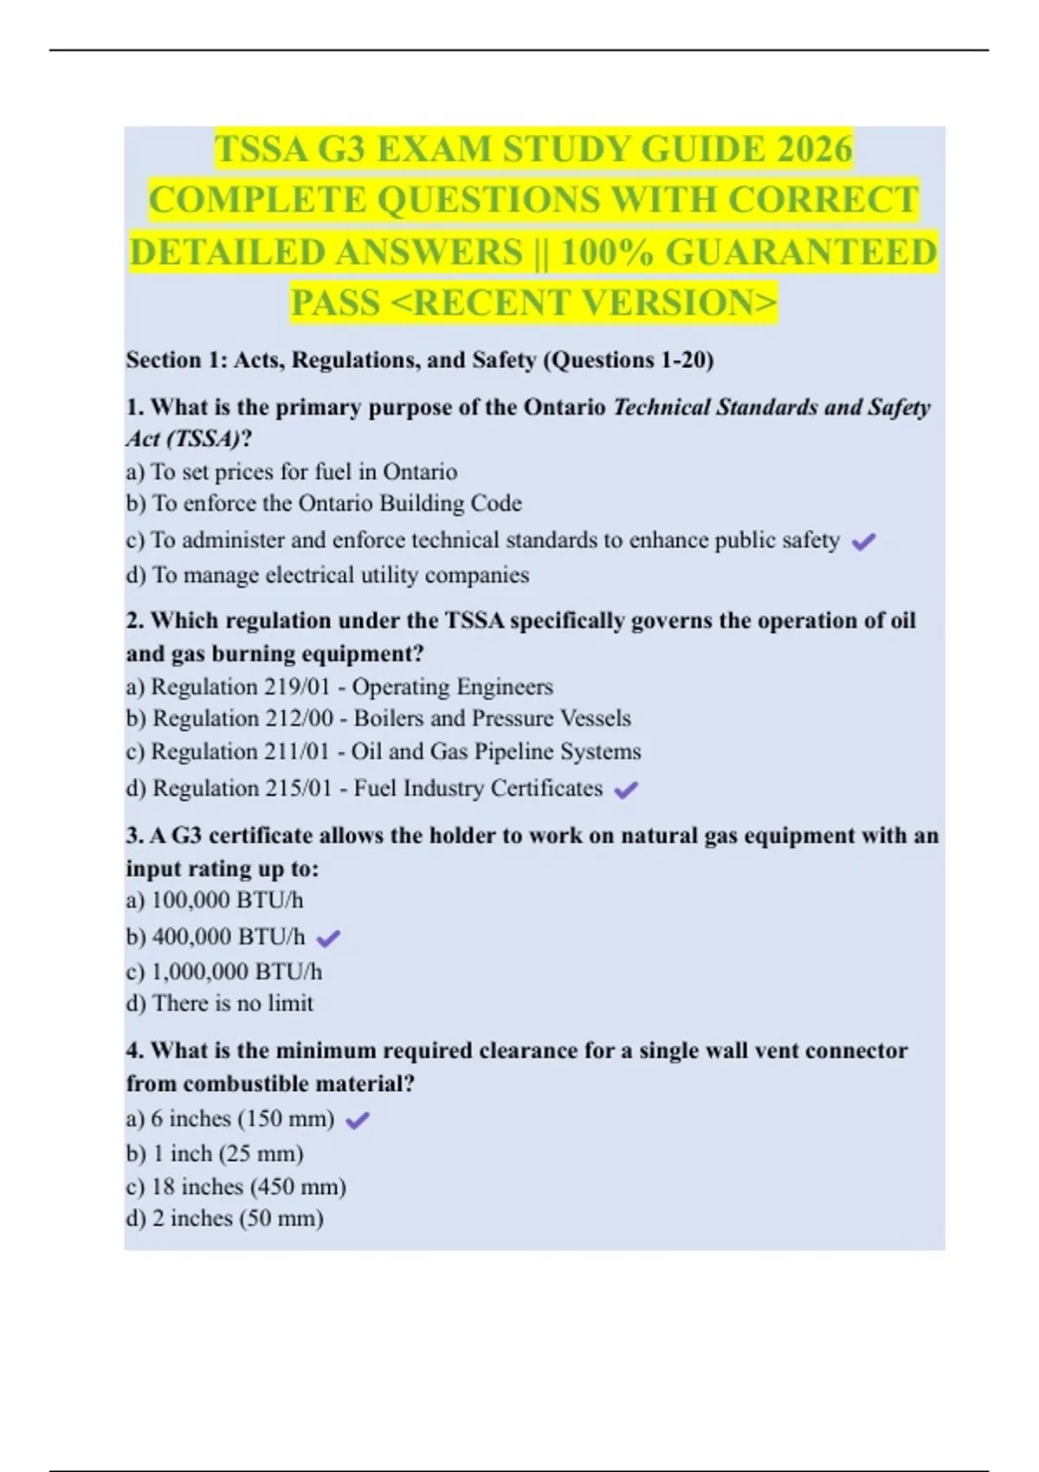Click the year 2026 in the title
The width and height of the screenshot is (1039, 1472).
[815, 149]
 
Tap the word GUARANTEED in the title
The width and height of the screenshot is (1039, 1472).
[801, 253]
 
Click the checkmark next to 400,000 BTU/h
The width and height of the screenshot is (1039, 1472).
[329, 938]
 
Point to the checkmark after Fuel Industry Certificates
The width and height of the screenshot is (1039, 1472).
[625, 790]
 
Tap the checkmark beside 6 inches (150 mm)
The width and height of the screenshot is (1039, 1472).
[358, 1120]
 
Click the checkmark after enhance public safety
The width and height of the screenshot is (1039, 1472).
[863, 542]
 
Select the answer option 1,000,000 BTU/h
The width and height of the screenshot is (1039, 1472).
[224, 972]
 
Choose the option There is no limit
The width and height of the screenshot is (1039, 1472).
[220, 1004]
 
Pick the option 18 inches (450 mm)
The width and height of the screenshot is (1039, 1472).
[236, 1186]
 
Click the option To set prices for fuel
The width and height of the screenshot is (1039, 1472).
[292, 472]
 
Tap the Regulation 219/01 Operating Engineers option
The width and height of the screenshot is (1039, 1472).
[339, 687]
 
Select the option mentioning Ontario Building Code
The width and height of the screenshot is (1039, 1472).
[325, 503]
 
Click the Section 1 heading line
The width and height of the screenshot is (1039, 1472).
[420, 359]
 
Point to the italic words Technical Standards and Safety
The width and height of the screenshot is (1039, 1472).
[771, 407]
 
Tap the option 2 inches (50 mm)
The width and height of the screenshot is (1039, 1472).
[225, 1218]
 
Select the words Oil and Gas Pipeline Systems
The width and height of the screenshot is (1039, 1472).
[496, 752]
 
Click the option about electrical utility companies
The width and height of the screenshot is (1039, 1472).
[327, 575]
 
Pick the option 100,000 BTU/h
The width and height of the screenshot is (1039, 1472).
[215, 901]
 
